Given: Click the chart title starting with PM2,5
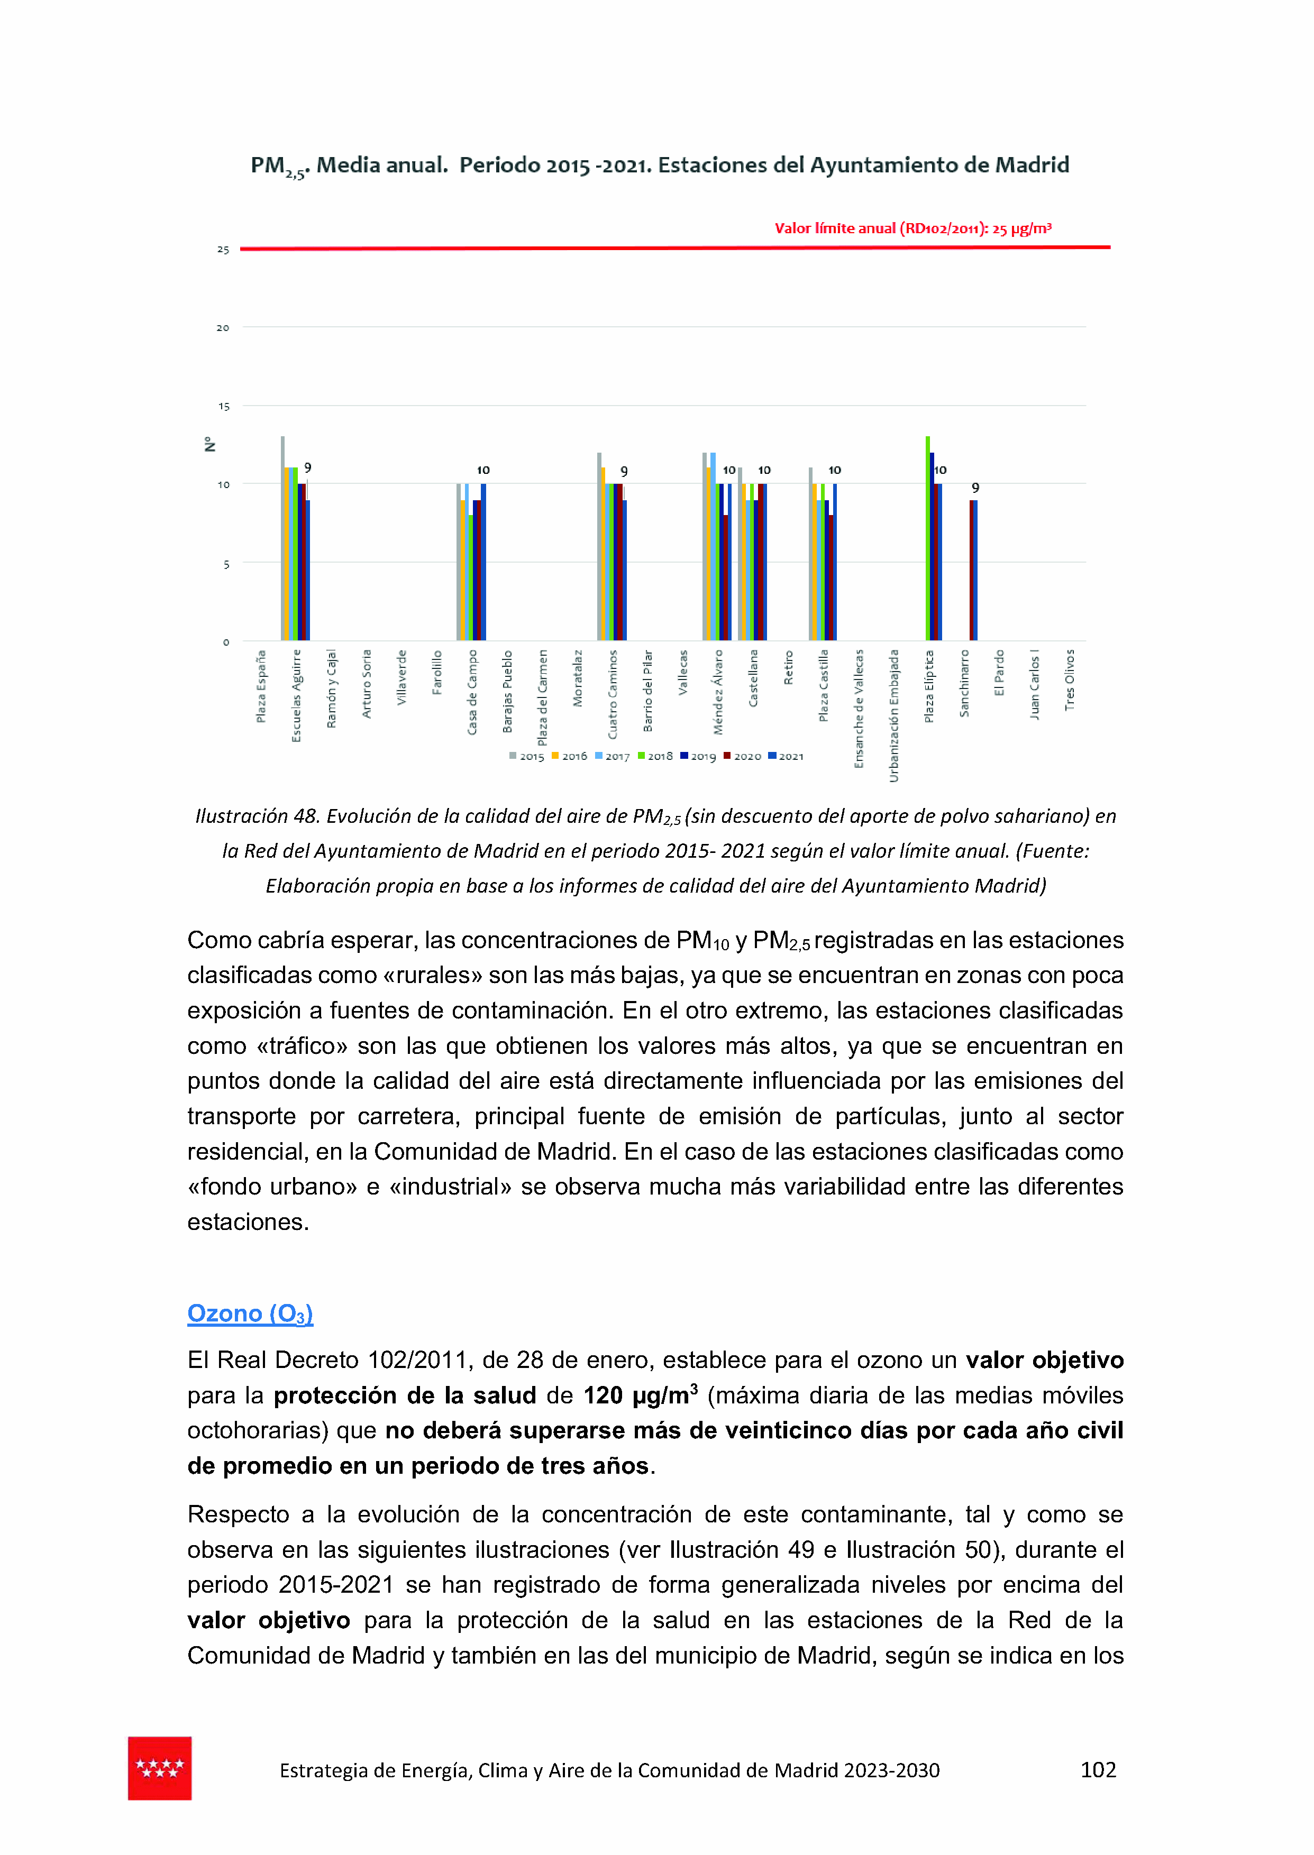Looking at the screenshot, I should [660, 166].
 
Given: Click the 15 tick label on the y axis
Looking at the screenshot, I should [223, 407].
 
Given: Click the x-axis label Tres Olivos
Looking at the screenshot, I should [1070, 680].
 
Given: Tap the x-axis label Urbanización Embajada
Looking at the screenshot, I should [894, 715].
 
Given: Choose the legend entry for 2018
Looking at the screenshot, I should [655, 756].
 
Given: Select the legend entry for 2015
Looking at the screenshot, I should [527, 756].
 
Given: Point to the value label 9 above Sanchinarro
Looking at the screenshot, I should [975, 488].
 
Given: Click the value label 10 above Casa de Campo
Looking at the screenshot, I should [483, 470].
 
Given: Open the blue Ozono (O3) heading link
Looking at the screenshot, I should [250, 1314].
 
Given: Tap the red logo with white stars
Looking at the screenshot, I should [159, 1768].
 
